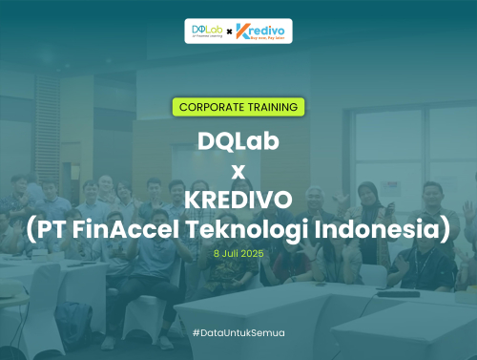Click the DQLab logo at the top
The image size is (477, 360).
pyautogui.click(x=205, y=31)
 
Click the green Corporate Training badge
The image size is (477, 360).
pyautogui.click(x=238, y=106)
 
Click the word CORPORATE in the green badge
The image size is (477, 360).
pyautogui.click(x=208, y=106)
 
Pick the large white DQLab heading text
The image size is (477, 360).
pyautogui.click(x=238, y=140)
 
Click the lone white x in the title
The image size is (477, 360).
pyautogui.click(x=238, y=171)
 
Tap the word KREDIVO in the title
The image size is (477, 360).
pyautogui.click(x=238, y=201)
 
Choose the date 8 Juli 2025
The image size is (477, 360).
pyautogui.click(x=238, y=256)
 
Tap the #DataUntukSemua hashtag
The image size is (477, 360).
pyautogui.click(x=238, y=332)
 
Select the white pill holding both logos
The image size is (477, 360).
pyautogui.click(x=238, y=31)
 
